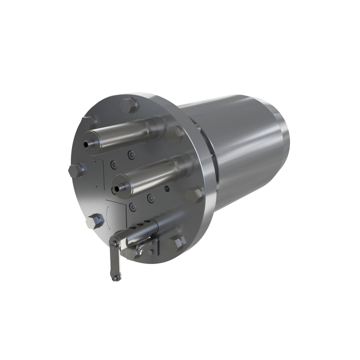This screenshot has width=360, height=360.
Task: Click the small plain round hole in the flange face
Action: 167,189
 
